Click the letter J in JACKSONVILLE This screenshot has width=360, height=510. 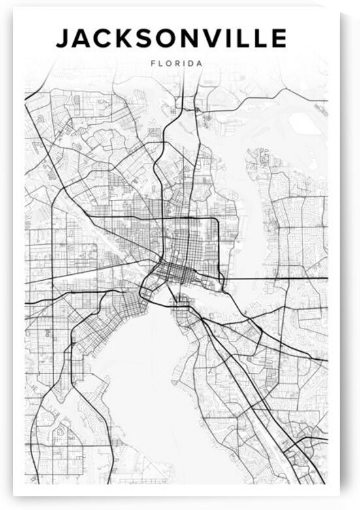click(63, 39)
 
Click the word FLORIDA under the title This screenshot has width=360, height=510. click(176, 64)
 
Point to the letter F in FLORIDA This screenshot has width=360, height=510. click(152, 64)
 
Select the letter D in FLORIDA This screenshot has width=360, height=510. click(191, 64)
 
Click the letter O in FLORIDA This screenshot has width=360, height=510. click(168, 64)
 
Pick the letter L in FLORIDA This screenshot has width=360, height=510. click(160, 64)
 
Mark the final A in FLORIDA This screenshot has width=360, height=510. click(199, 64)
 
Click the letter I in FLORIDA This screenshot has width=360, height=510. click(184, 64)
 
